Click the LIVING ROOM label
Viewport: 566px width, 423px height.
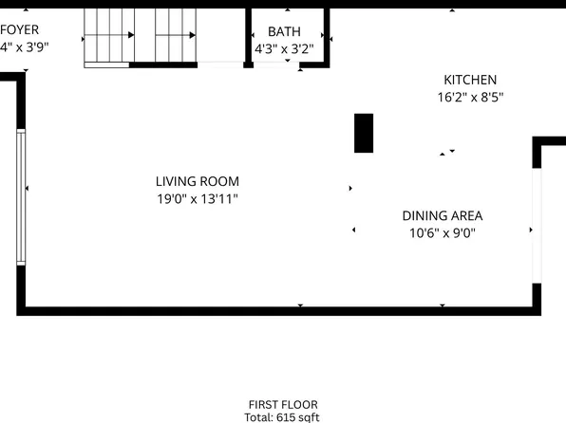197,181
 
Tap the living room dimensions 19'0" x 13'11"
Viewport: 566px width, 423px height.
197,199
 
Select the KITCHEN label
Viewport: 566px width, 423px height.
469,81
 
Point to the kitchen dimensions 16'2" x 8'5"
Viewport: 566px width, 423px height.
469,97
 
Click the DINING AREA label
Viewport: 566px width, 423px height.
443,216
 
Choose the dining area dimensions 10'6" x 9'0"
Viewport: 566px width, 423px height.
443,232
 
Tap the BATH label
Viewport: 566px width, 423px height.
284,31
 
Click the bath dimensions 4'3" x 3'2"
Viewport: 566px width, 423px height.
284,47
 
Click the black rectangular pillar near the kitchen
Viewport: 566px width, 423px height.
364,133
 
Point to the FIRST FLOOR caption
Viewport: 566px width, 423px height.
283,404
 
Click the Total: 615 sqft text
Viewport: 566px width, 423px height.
283,417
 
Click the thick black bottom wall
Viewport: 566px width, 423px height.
275,310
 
